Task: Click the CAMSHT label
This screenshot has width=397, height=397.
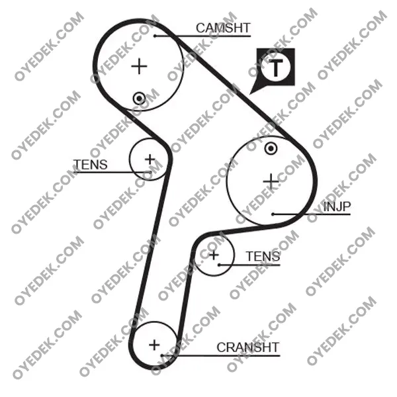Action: [223, 28]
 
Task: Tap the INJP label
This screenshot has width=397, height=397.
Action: [337, 206]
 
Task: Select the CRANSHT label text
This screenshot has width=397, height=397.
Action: [247, 347]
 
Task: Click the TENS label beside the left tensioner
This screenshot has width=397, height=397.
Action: [91, 165]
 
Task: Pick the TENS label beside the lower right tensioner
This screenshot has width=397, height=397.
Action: [263, 256]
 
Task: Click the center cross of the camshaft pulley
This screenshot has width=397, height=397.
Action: [139, 66]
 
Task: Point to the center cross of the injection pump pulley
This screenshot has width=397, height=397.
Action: [271, 181]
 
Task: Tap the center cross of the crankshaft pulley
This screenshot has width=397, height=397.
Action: [154, 345]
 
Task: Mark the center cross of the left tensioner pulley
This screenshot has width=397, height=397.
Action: [150, 159]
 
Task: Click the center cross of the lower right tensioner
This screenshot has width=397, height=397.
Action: [214, 255]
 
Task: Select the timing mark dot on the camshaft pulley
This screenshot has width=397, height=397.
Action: [139, 98]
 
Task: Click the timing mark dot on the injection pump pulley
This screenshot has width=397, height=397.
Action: [271, 149]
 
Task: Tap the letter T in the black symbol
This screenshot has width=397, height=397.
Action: [276, 67]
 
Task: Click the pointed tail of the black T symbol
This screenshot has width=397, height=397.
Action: [250, 94]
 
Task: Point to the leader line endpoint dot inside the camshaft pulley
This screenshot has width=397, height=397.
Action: [155, 36]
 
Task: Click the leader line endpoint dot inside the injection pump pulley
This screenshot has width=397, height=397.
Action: [273, 214]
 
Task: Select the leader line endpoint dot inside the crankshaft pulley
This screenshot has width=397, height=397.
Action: [162, 355]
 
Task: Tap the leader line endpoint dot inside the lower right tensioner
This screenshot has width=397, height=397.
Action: [219, 265]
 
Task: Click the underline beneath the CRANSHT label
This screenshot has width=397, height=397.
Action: [221, 356]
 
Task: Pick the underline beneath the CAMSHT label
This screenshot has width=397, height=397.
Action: [202, 36]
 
